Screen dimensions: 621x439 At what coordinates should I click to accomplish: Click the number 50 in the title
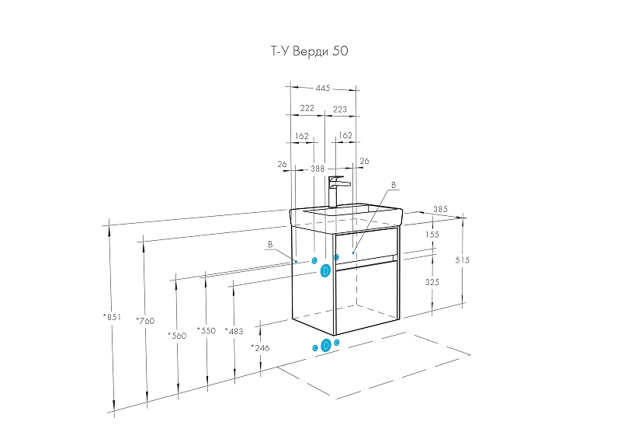click(340, 51)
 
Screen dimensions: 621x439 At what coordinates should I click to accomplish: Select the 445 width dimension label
click(323, 88)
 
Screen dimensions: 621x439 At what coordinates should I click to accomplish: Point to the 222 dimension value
click(307, 108)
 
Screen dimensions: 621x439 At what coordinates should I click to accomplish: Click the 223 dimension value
click(340, 109)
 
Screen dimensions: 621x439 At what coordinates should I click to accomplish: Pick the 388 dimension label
click(317, 169)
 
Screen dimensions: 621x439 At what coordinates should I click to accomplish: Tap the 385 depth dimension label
click(440, 209)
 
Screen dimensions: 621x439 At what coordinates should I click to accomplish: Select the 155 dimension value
click(432, 235)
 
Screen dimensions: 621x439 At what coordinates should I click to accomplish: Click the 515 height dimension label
click(462, 260)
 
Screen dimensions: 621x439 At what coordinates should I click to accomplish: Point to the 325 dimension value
click(432, 282)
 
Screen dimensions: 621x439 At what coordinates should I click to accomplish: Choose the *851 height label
click(112, 317)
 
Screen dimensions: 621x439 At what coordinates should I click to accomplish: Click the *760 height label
click(145, 321)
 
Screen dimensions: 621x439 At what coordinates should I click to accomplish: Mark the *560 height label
click(177, 336)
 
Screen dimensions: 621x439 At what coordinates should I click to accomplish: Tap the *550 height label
click(206, 330)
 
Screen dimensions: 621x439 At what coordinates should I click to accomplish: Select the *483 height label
click(234, 331)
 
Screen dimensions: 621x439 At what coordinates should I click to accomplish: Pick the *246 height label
click(260, 348)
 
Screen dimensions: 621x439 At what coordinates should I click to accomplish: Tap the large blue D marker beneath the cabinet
click(325, 346)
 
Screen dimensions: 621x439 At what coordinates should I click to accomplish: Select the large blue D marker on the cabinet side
click(325, 271)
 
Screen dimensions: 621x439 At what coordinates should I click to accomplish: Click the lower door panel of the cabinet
click(366, 297)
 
